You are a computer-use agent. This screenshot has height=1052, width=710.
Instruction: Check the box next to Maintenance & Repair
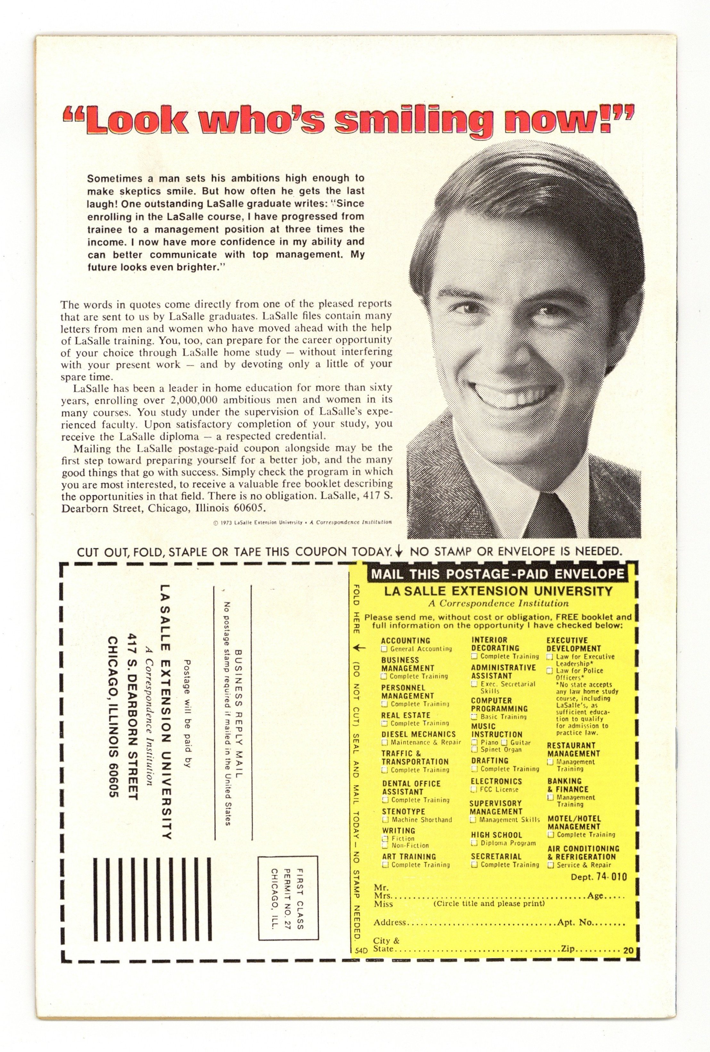385,742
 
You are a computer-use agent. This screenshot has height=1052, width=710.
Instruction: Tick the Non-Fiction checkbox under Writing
385,845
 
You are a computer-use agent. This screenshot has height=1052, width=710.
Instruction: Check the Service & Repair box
550,865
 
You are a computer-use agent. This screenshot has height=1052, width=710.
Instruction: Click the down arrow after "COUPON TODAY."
399,551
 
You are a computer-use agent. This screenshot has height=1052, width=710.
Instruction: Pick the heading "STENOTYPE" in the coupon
403,812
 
